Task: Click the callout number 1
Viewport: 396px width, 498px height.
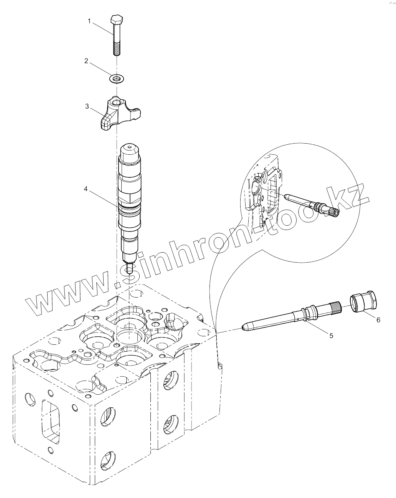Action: point(89,21)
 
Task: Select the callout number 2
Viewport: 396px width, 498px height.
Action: point(86,61)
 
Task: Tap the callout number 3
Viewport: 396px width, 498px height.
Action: point(87,106)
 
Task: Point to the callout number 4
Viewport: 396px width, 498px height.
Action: point(86,189)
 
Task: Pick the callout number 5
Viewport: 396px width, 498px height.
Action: point(331,335)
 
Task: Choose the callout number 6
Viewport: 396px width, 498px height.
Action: point(378,319)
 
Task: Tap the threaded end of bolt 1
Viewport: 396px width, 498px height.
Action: point(117,49)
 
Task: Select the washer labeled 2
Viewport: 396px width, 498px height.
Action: point(116,79)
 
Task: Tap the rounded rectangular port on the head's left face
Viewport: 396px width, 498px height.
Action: point(51,422)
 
